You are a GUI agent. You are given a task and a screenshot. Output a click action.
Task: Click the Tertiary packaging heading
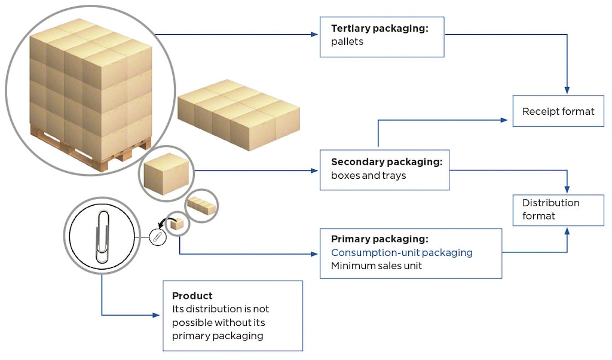coord(380,28)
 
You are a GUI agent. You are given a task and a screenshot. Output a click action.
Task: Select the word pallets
coord(347,42)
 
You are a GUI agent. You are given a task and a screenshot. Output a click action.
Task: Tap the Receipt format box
coord(558,111)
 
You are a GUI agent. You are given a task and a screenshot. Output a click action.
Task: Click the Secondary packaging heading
coord(386,162)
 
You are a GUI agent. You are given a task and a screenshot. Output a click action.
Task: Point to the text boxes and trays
coord(368,176)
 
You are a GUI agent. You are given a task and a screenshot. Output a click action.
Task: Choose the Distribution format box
coord(558,209)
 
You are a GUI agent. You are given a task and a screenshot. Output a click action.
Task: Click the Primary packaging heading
coord(380,239)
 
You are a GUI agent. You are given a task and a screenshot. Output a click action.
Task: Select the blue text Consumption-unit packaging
coord(402,252)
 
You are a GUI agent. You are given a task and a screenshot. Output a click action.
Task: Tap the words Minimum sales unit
coord(377,266)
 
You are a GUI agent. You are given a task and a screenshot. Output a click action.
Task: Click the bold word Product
coord(192,296)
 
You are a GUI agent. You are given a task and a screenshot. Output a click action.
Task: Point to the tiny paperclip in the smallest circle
coord(157,237)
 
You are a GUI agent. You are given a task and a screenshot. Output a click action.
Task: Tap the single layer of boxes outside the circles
coord(238,114)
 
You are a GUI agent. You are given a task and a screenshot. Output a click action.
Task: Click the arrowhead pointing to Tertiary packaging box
coord(315,35)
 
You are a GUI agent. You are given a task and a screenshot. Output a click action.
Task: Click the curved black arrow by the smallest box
coord(170,222)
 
